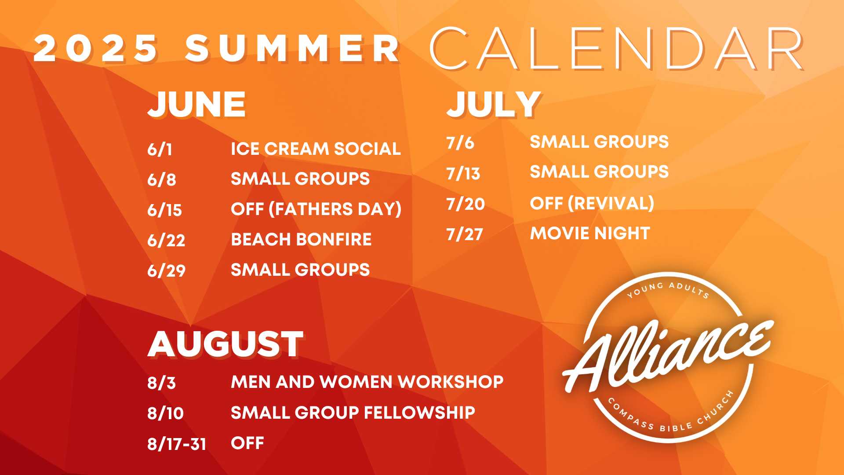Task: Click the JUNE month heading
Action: tap(196, 104)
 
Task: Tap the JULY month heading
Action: tap(493, 104)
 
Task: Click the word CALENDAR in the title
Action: tap(617, 48)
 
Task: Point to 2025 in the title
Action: tap(95, 48)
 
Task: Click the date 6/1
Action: tap(160, 150)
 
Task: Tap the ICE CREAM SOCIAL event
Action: tap(316, 149)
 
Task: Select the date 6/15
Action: tap(164, 210)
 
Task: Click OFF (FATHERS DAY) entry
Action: tap(316, 209)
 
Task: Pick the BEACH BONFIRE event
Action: tap(301, 239)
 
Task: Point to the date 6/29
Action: tap(166, 270)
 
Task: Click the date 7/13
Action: tap(463, 174)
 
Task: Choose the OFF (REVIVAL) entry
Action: tap(592, 203)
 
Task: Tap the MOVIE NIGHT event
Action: tap(590, 233)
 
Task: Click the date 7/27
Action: tap(465, 234)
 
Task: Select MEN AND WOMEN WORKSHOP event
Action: tap(367, 382)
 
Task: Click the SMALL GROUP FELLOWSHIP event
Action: tap(353, 413)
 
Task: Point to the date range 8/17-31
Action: tap(177, 444)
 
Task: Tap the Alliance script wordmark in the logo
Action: tap(668, 356)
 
